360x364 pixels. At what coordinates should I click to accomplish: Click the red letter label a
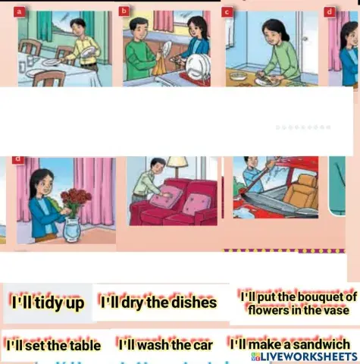(18, 11)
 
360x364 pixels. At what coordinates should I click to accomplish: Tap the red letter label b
(124, 11)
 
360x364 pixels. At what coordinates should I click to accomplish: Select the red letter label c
(227, 11)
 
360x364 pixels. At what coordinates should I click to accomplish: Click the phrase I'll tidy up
(47, 302)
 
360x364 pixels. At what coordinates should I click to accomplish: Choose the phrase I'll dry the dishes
(158, 303)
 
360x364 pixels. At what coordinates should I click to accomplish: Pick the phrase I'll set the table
(52, 346)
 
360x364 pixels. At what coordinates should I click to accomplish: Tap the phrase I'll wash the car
(165, 345)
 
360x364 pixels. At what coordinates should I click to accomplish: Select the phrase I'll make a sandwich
(290, 345)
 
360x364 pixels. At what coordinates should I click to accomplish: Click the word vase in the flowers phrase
(337, 310)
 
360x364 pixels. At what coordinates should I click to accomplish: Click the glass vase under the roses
(72, 228)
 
